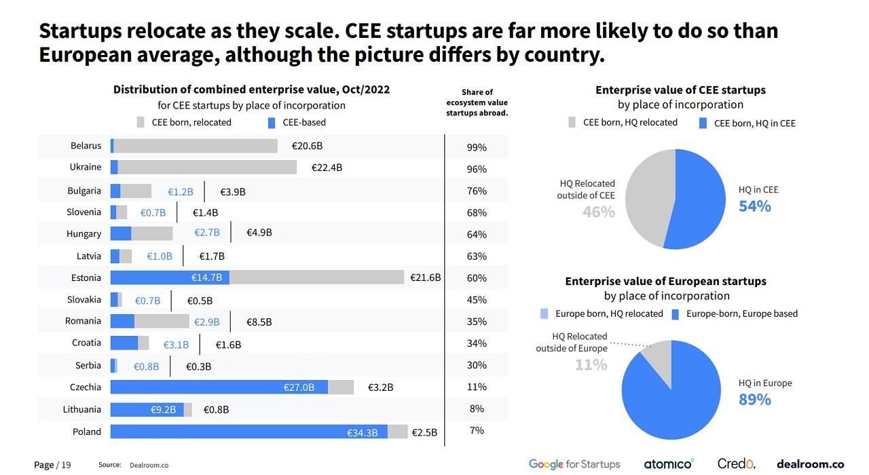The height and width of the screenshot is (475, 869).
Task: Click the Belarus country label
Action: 86,146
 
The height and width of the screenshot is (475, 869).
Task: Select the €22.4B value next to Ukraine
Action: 327,168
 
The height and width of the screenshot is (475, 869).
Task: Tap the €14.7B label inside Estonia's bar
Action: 207,278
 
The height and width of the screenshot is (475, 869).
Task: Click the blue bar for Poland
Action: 248,432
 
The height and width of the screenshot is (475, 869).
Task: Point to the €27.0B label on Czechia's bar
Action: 299,387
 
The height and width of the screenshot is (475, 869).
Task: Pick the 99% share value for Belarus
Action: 477,147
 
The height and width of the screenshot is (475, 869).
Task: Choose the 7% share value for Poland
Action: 477,431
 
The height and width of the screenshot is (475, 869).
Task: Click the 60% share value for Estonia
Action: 477,278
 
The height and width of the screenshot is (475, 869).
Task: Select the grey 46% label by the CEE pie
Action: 598,212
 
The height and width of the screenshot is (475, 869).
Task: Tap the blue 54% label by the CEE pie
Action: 755,206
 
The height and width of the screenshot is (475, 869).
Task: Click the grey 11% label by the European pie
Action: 591,365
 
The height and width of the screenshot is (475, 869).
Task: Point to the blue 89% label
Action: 755,400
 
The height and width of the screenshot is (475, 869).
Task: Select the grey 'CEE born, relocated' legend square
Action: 141,123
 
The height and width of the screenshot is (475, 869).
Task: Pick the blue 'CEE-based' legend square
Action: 271,123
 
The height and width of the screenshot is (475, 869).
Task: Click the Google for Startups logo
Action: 574,464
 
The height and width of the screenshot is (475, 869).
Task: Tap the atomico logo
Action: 669,464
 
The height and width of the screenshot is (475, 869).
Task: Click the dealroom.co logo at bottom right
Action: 810,464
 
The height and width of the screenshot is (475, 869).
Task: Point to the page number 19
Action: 66,465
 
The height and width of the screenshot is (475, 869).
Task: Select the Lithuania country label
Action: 82,410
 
